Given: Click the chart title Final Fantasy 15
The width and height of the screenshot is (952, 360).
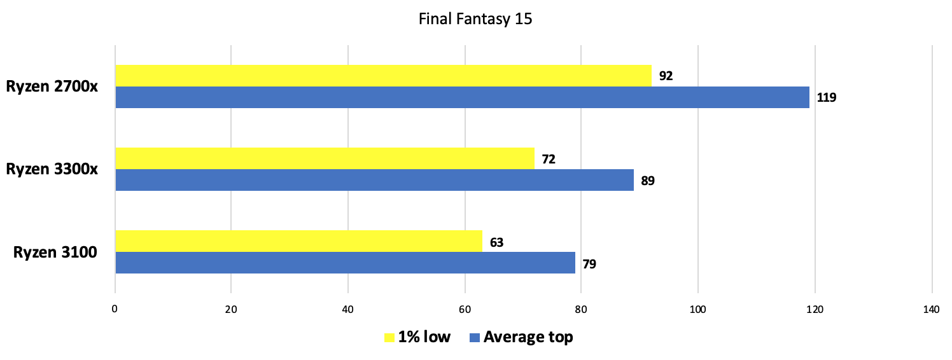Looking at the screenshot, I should pos(475,19).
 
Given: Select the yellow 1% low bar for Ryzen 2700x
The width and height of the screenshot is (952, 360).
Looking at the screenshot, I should pos(383,76).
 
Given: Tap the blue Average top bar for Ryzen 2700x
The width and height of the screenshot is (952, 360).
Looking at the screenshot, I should pos(462,97).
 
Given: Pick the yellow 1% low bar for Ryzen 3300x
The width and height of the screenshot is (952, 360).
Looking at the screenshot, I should pos(325,158).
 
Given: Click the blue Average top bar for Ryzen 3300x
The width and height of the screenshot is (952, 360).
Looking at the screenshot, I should pos(374,180).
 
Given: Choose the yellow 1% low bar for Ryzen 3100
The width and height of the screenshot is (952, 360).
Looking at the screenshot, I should pos(298,241).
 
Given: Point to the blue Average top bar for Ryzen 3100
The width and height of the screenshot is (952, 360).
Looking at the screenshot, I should pos(345,263).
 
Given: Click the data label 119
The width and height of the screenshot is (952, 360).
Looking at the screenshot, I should pos(827,98).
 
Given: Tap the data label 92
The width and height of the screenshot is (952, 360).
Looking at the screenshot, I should pos(666,76).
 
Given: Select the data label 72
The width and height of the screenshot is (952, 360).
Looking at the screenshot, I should pos(549,159).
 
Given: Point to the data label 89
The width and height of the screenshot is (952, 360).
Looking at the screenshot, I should pos(648,181).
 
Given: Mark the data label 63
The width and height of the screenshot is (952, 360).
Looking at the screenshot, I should pos(496,242).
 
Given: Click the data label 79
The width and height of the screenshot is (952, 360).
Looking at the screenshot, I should pos(589,263).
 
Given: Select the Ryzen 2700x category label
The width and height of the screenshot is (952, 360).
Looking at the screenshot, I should pos(52,87).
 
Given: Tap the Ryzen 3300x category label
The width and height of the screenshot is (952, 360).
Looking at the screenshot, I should pos(52,170).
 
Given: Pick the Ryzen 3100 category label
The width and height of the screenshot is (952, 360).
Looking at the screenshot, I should pos(55,253).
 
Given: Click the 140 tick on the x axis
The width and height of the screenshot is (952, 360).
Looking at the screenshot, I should pos(930,310).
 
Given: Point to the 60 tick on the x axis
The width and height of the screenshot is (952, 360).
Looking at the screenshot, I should pos(465,310).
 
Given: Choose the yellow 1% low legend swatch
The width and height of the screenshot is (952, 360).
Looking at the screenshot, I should pos(389,337).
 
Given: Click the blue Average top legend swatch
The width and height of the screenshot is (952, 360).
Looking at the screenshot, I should pos(474,337).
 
